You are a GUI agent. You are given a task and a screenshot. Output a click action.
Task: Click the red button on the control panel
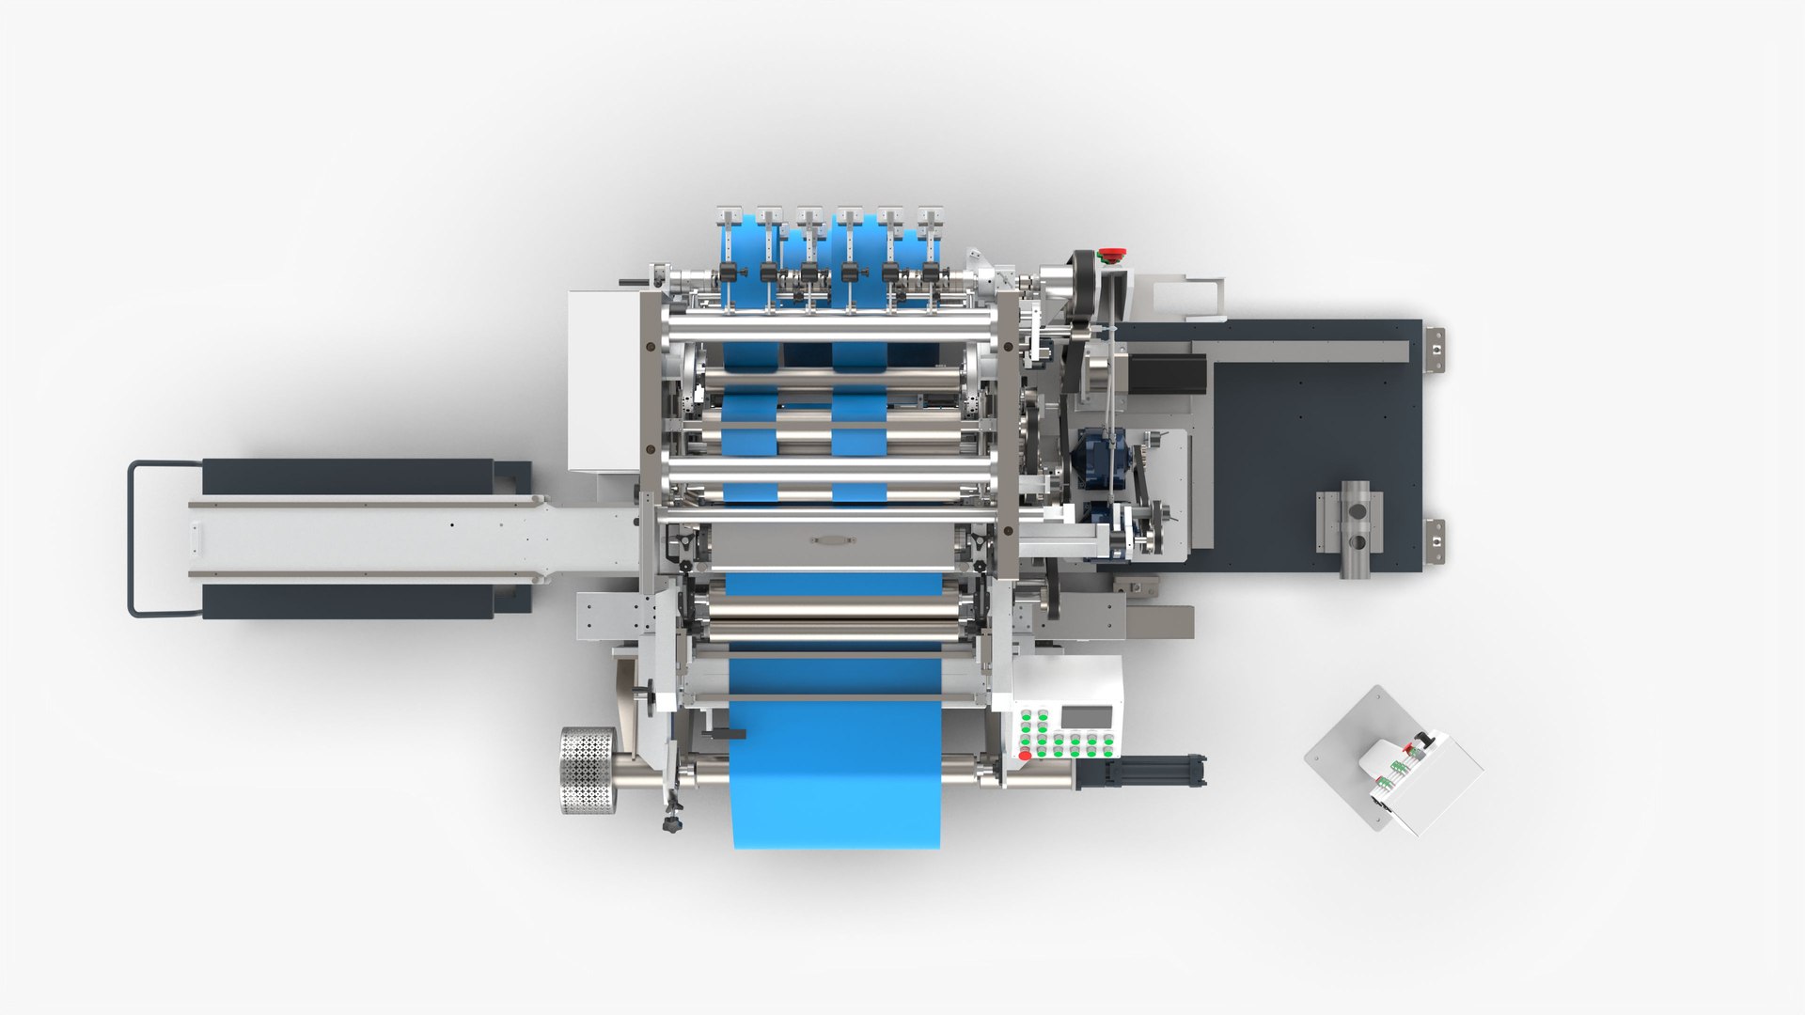click(x=1025, y=755)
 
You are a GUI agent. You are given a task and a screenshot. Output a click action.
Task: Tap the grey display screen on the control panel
click(x=1087, y=717)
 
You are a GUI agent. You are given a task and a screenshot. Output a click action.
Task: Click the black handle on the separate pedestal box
click(x=1425, y=741)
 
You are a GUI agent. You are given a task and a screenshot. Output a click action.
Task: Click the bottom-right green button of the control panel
click(x=1108, y=754)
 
